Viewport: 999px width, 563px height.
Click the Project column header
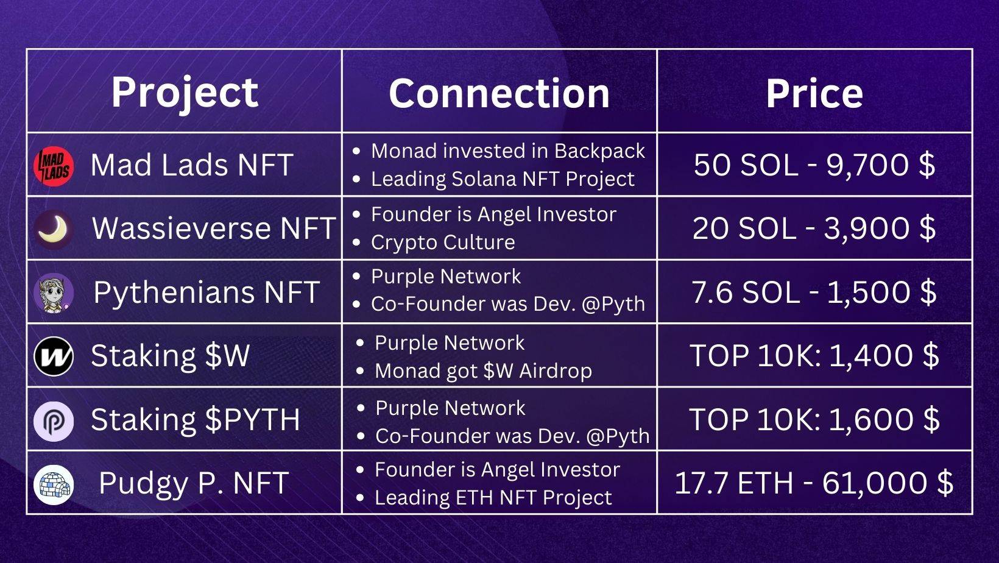click(x=185, y=93)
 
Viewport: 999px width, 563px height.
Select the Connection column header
click(x=499, y=93)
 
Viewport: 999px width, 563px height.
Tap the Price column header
click(x=814, y=93)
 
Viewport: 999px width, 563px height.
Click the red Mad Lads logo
click(x=54, y=166)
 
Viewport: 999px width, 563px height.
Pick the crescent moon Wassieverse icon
click(x=54, y=229)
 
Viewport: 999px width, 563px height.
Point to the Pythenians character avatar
click(x=54, y=293)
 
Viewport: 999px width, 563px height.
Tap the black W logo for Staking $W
click(x=54, y=356)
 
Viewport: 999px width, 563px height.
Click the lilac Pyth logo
click(x=54, y=421)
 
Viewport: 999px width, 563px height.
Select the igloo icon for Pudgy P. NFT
click(x=54, y=485)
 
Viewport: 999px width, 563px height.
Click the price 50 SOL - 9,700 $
click(x=814, y=165)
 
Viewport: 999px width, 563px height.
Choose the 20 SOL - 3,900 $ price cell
click(x=814, y=228)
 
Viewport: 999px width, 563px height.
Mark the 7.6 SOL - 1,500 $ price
click(x=814, y=292)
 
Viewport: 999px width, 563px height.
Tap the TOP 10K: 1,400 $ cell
click(x=814, y=356)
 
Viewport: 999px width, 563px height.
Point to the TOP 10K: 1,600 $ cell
click(x=814, y=419)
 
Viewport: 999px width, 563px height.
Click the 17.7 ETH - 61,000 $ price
click(x=814, y=483)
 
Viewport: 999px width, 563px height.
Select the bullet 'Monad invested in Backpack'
click(x=508, y=151)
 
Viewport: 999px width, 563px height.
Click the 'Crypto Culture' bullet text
click(x=443, y=243)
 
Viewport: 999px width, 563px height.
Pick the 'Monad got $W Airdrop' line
click(x=484, y=371)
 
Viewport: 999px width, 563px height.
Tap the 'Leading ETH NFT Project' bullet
click(x=493, y=498)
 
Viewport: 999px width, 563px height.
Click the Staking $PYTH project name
click(x=196, y=420)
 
